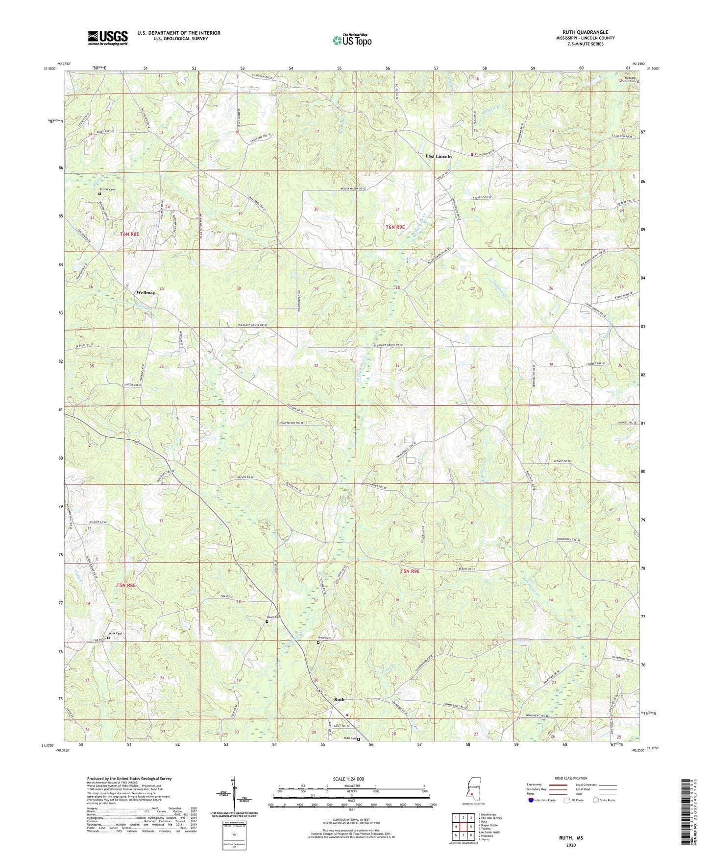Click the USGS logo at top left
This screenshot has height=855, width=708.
tap(108, 38)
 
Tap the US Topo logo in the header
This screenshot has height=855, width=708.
tap(352, 40)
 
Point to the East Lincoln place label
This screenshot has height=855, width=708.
tap(438, 156)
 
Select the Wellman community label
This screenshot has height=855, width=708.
tap(146, 292)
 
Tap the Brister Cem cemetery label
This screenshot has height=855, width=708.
tap(107, 190)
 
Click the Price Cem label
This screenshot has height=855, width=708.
tap(325, 638)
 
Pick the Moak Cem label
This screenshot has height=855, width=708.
tap(115, 634)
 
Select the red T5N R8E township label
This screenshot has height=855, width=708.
tap(125, 585)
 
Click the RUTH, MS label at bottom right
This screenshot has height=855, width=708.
tap(571, 838)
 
